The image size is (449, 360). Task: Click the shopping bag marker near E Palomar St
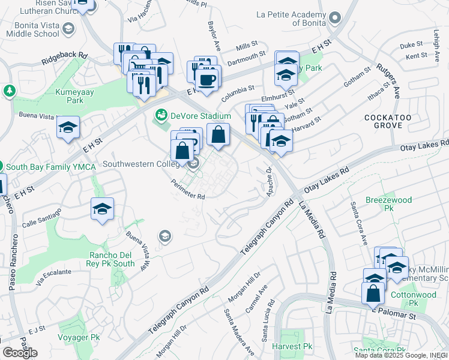tap(373, 293)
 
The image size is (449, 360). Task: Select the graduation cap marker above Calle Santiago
tap(103, 209)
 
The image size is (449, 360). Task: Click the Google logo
tap(20, 353)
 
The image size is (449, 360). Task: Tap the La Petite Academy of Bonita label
tap(295, 18)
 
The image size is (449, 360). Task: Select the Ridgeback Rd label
tap(64, 58)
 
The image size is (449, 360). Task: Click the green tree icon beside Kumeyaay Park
tap(9, 91)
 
